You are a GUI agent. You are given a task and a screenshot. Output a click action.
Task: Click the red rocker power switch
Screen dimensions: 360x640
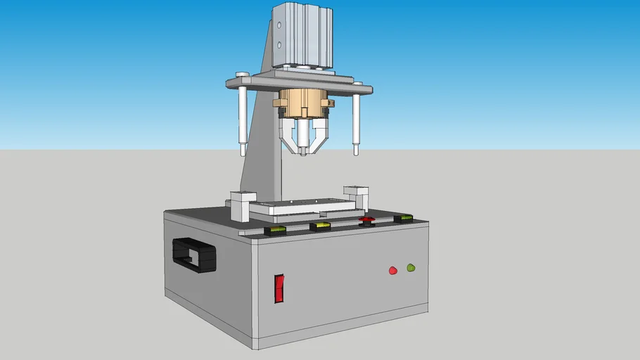[279, 288]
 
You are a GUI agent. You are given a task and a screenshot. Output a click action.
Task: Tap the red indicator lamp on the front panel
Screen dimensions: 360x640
[393, 270]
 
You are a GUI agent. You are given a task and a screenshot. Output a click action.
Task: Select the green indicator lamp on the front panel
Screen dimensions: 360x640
[411, 267]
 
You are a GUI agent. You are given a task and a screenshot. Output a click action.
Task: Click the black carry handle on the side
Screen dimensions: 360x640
[193, 254]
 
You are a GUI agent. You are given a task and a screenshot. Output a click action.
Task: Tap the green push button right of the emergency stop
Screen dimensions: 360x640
[403, 219]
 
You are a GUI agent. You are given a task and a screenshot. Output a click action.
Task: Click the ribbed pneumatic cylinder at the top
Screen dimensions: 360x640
[302, 34]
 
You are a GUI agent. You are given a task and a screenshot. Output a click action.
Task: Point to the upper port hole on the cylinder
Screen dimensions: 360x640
[279, 25]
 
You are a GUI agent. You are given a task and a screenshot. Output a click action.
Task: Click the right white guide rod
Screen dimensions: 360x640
[357, 123]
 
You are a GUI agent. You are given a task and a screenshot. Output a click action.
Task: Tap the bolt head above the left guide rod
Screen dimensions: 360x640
[242, 75]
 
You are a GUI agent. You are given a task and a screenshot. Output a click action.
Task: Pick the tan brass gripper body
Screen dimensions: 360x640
[302, 104]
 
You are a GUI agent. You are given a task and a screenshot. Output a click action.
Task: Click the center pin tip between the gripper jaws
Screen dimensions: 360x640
[302, 150]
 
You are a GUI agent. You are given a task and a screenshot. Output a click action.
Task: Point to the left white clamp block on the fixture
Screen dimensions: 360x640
[243, 205]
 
